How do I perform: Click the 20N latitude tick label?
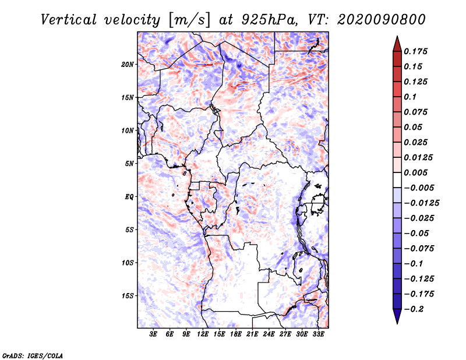point(128,65)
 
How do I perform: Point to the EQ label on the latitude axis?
point(129,197)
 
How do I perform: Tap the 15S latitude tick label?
point(128,296)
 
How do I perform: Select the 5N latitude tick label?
point(129,164)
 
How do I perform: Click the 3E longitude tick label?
point(153,334)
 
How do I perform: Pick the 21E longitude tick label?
point(252,334)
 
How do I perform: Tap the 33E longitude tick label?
point(318,334)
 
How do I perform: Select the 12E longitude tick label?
point(202,334)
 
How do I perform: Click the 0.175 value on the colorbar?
point(415,51)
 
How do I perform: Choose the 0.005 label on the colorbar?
point(415,172)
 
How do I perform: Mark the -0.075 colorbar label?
point(419,249)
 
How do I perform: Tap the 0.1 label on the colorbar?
point(410,97)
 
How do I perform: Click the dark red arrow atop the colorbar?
point(397,44)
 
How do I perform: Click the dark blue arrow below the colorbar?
point(397,316)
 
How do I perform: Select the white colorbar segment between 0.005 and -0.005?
point(397,180)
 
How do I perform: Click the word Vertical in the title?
point(69,20)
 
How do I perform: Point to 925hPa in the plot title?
point(269,20)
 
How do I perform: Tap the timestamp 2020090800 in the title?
point(382,20)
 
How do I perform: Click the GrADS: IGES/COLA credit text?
point(33,356)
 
